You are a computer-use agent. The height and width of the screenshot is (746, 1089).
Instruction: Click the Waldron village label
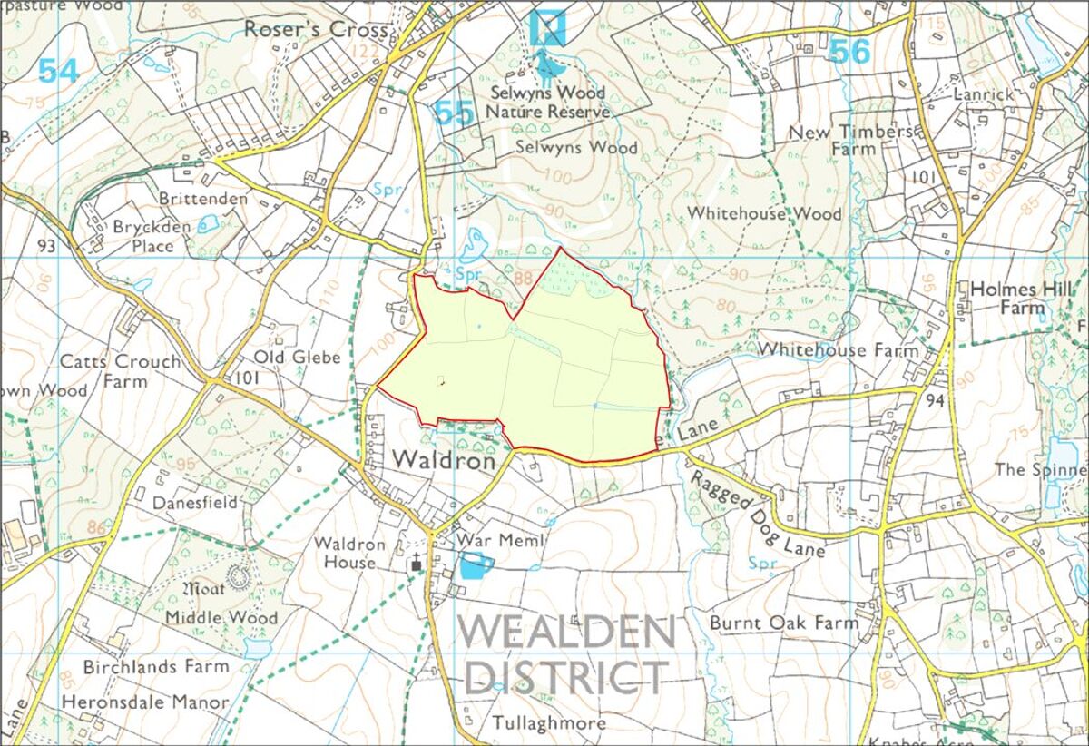[x=445, y=461]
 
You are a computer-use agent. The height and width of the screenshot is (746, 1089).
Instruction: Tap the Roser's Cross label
[x=316, y=29]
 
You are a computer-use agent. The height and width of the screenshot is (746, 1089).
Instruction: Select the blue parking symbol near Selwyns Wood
[x=548, y=27]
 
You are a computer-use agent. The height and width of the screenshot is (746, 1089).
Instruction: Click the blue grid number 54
[x=59, y=71]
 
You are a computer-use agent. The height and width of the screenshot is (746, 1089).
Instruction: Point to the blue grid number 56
[x=849, y=52]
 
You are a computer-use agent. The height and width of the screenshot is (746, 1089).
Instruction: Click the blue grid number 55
[x=454, y=113]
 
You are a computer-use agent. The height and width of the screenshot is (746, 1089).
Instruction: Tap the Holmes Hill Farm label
[x=1007, y=298]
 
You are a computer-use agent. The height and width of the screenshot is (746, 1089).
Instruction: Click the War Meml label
[x=500, y=541]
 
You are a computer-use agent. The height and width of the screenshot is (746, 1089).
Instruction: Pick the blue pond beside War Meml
[x=475, y=567]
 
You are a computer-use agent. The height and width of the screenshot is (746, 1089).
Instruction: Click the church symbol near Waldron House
[x=417, y=564]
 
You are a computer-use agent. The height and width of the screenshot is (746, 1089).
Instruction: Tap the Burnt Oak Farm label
[x=783, y=623]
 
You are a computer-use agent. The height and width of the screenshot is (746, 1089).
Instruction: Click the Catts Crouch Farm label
[x=120, y=371]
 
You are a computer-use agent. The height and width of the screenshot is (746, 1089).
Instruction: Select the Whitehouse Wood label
[x=764, y=214]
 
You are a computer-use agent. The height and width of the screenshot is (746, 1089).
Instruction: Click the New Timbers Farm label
[x=849, y=140]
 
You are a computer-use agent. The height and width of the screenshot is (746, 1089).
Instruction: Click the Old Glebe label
[x=297, y=357]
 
